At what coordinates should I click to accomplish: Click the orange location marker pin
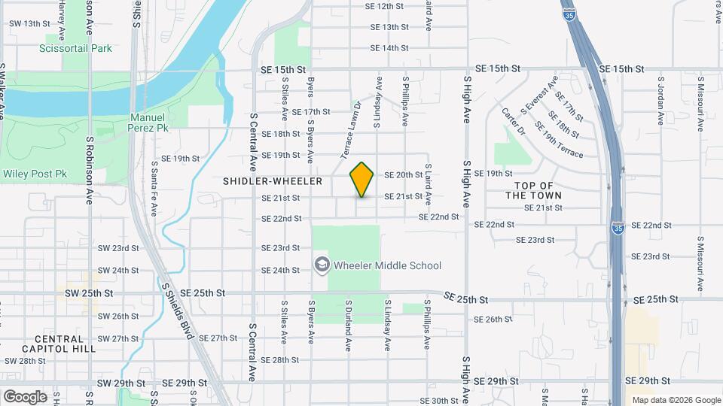coord(362,180)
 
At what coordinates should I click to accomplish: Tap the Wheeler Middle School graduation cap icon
coord(322,265)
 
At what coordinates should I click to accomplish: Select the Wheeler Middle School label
coord(387,265)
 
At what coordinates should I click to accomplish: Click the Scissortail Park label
coord(75,48)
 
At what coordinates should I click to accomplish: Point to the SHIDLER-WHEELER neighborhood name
coord(273,181)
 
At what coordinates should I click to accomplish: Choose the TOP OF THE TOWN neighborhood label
coord(533,190)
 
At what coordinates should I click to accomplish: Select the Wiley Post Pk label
coord(35,174)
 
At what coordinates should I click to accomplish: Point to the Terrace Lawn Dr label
coord(351,131)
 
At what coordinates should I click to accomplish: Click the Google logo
coord(25,396)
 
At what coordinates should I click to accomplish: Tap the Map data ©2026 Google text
coord(676,400)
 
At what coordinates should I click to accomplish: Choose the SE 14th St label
coord(389,48)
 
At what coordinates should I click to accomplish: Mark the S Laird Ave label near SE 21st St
coord(429,184)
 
